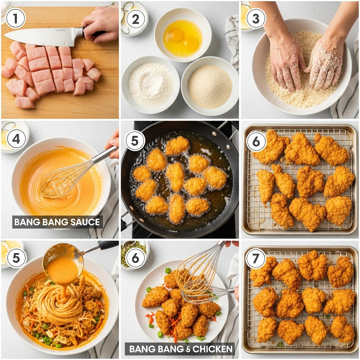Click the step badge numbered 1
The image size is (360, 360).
pyautogui.click(x=15, y=19)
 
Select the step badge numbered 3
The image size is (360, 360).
pyautogui.click(x=256, y=19)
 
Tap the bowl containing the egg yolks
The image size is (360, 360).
pyautogui.click(x=182, y=37)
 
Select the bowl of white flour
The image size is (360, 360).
pyautogui.click(x=151, y=85)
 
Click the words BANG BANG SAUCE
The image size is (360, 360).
pyautogui.click(x=58, y=222)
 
